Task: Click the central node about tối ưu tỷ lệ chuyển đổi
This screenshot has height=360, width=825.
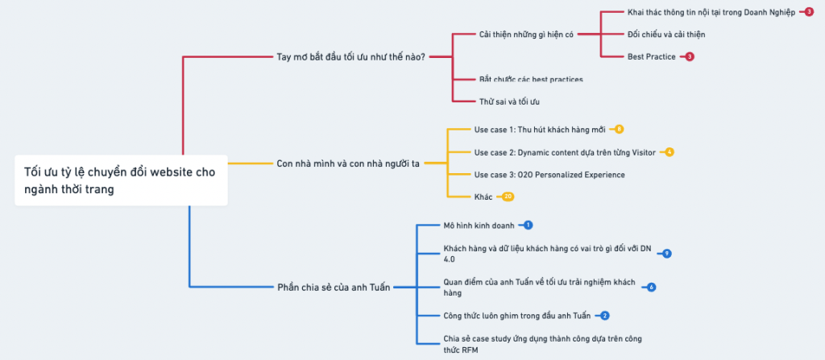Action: point(121,180)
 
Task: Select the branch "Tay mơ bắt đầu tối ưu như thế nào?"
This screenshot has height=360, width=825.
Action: point(350,57)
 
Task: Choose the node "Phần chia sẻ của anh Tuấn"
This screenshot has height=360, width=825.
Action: point(334,287)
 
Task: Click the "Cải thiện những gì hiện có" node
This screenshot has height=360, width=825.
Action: point(526,35)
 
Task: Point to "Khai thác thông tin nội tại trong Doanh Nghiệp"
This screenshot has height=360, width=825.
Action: point(711,12)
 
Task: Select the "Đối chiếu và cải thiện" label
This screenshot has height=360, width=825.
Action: point(666,35)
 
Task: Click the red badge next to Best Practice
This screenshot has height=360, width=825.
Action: point(690,57)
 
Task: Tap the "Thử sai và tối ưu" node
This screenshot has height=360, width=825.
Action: point(509,101)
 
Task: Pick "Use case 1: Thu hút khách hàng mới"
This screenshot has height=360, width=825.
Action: point(537,129)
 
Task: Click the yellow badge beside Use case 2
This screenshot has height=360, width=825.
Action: point(669,152)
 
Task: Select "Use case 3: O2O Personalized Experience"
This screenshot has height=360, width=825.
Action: point(549,175)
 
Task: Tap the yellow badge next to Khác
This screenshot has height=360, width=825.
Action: point(508,197)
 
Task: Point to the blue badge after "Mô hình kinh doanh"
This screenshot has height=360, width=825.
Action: point(528,225)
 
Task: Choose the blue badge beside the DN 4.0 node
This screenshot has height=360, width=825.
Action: point(666,254)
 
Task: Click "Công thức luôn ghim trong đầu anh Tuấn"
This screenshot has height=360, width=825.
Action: point(517,315)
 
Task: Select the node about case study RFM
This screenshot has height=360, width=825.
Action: point(542,343)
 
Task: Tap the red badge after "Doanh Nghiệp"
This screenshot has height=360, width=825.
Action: point(809,12)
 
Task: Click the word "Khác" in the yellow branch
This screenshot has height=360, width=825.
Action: point(483,197)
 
